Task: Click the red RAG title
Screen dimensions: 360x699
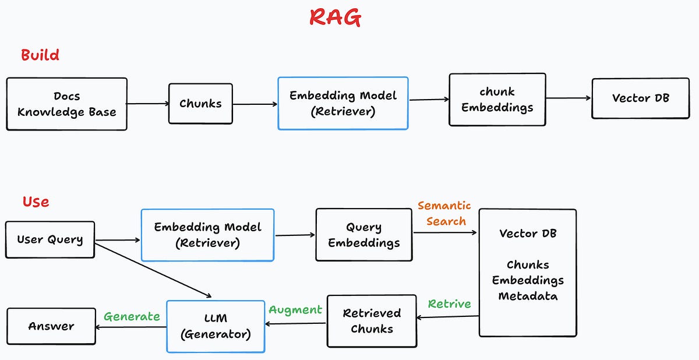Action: click(335, 17)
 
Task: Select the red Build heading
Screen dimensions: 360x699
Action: click(40, 55)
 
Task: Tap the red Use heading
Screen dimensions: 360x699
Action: click(36, 202)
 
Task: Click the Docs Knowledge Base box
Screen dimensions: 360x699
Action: click(66, 104)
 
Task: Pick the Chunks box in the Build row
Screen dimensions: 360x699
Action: click(200, 104)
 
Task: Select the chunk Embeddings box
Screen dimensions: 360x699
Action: click(497, 100)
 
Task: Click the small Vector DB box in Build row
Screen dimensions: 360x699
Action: click(640, 98)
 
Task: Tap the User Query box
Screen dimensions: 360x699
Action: click(50, 239)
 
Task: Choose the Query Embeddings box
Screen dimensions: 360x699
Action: click(363, 235)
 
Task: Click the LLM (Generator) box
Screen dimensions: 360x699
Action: click(216, 326)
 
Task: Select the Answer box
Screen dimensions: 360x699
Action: click(51, 326)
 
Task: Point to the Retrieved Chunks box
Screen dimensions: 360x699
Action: click(372, 321)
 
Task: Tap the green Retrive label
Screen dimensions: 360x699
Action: click(449, 304)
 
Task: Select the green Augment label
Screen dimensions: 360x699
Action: click(295, 309)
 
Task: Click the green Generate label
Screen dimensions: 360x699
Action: click(132, 316)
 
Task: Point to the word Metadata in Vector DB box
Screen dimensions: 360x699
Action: click(528, 296)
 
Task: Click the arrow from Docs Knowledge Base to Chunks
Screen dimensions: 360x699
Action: click(147, 104)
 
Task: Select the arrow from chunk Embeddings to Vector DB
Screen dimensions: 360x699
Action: click(569, 98)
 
